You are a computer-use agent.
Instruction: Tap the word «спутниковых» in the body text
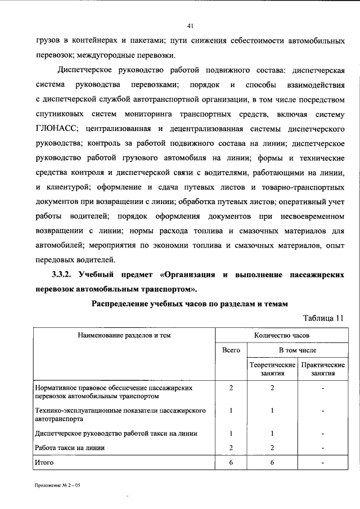61,115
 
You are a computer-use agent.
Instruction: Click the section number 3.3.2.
60,274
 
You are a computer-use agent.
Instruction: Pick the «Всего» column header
231,350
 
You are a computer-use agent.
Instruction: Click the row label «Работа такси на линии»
70,448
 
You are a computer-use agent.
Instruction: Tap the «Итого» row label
44,462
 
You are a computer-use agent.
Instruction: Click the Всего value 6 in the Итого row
231,462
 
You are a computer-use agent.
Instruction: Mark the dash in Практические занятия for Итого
323,462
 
